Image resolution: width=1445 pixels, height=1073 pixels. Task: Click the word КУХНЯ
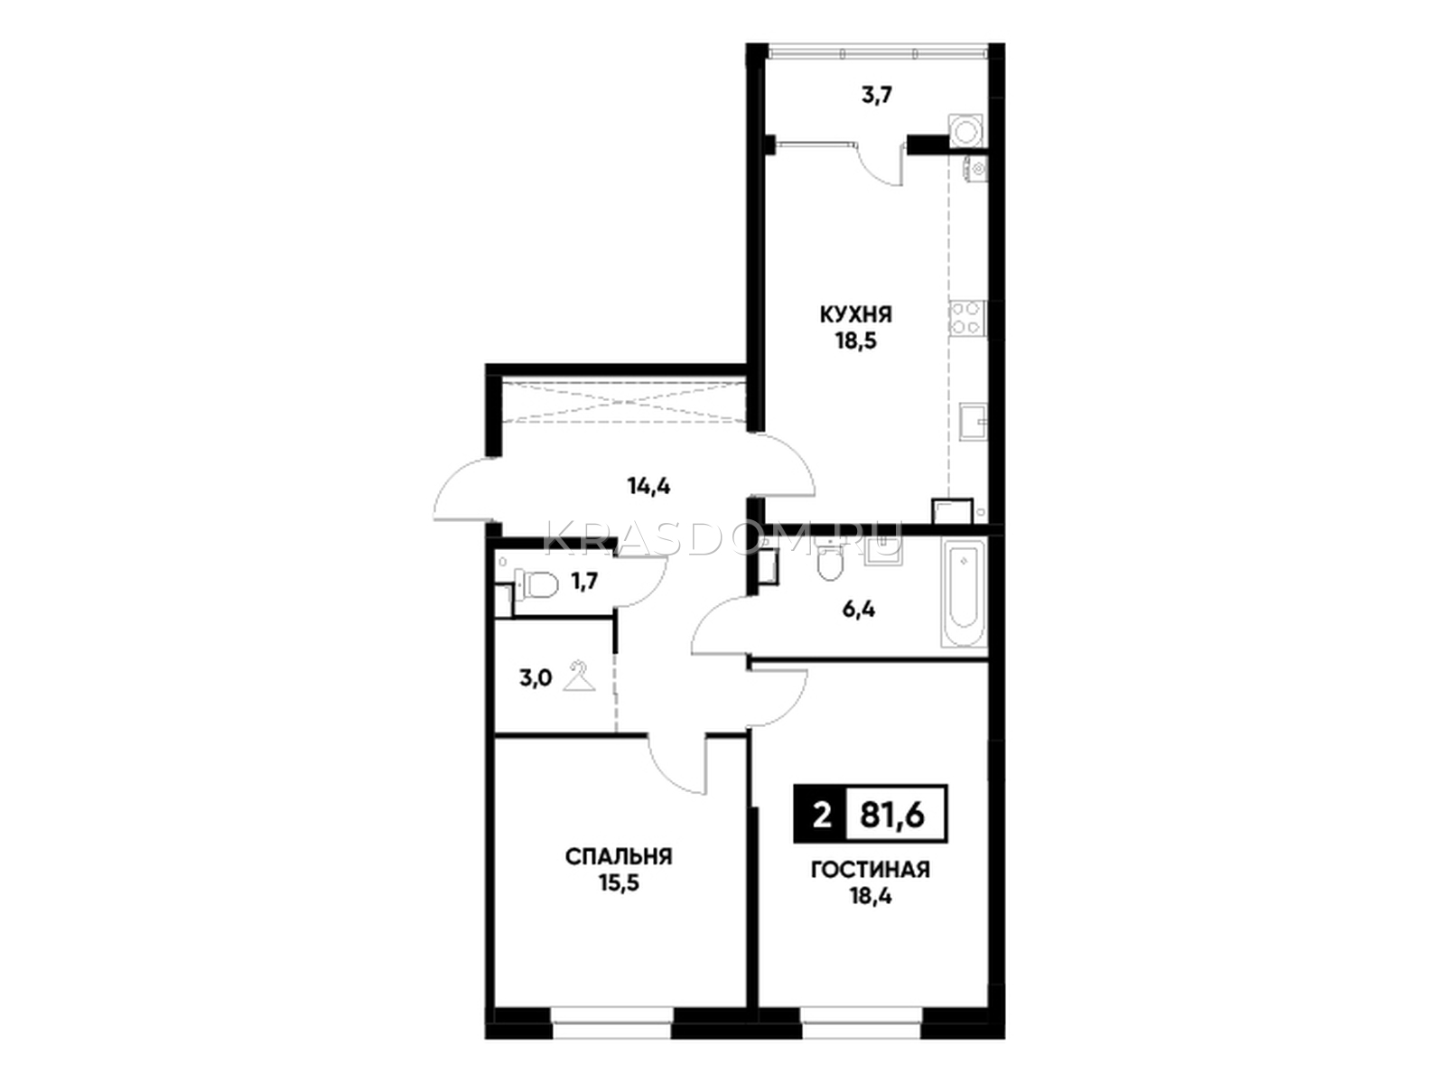(x=855, y=315)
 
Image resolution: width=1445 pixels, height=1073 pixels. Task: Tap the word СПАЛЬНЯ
(x=619, y=856)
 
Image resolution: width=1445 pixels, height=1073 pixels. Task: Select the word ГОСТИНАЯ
(x=871, y=869)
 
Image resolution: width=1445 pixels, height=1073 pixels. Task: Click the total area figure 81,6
(x=892, y=815)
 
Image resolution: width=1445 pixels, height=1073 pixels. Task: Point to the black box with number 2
(x=822, y=814)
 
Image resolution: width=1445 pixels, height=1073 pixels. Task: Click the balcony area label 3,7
(x=876, y=97)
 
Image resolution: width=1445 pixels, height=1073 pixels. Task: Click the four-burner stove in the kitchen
(x=967, y=318)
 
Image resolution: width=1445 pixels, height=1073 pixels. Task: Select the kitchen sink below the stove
(x=974, y=421)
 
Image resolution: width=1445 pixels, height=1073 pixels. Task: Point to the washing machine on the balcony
(x=965, y=132)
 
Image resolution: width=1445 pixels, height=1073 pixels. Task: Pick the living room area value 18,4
(x=871, y=897)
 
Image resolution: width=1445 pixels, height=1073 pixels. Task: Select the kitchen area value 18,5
(x=856, y=342)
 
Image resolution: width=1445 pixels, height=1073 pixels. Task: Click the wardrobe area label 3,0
(x=536, y=679)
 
